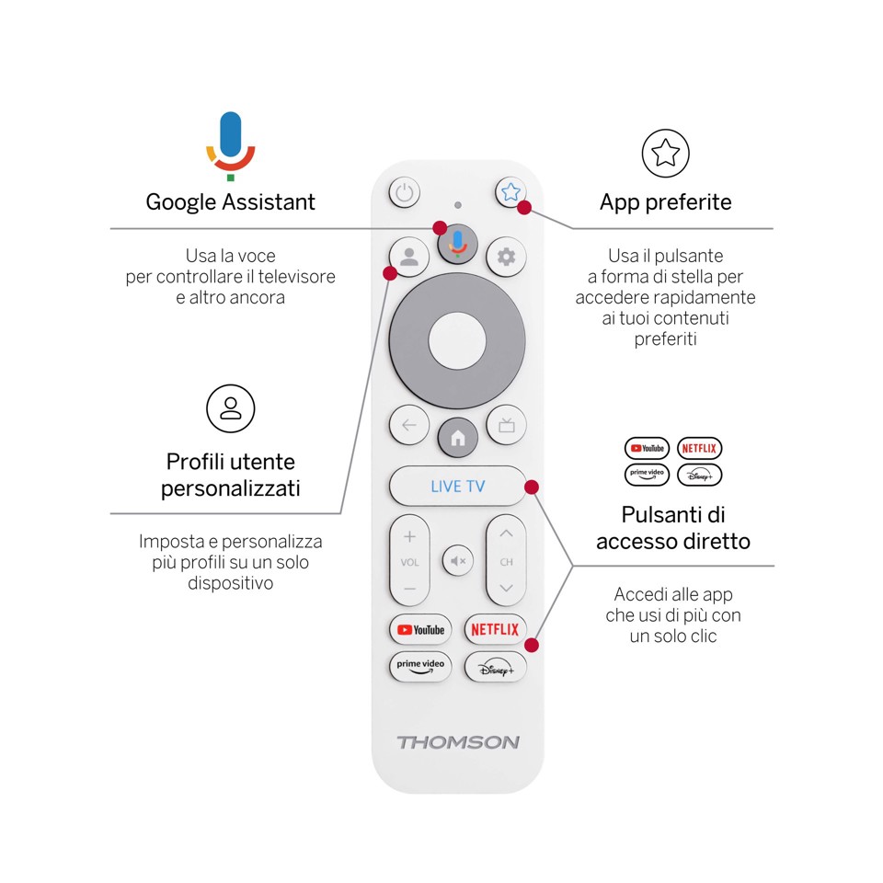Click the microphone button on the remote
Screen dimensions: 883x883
pyautogui.click(x=457, y=244)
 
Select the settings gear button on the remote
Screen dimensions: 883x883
pyautogui.click(x=506, y=257)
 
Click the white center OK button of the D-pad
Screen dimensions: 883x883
pyautogui.click(x=457, y=339)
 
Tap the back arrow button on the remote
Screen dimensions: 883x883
pyautogui.click(x=409, y=425)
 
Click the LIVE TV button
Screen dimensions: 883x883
pyautogui.click(x=457, y=486)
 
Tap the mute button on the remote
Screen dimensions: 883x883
pyautogui.click(x=458, y=560)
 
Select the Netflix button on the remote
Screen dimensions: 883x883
pyautogui.click(x=495, y=630)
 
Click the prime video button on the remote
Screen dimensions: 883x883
pyautogui.click(x=420, y=667)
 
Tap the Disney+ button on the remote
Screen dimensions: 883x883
pyautogui.click(x=495, y=668)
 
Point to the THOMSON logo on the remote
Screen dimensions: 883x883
pyautogui.click(x=458, y=742)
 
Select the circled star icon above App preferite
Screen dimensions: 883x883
pyautogui.click(x=665, y=154)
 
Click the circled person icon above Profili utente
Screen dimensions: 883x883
pyautogui.click(x=230, y=408)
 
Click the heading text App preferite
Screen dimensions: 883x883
pyautogui.click(x=665, y=202)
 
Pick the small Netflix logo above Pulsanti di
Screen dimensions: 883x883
pyautogui.click(x=699, y=448)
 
